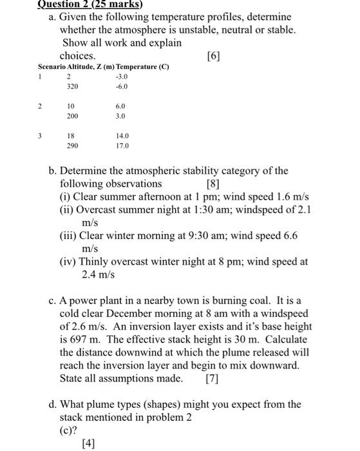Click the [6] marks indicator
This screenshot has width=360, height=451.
coord(213,56)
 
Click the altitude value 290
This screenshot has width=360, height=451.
coord(71,146)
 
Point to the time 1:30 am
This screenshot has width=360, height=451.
coord(211,210)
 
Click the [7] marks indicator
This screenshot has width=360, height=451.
coord(212,378)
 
